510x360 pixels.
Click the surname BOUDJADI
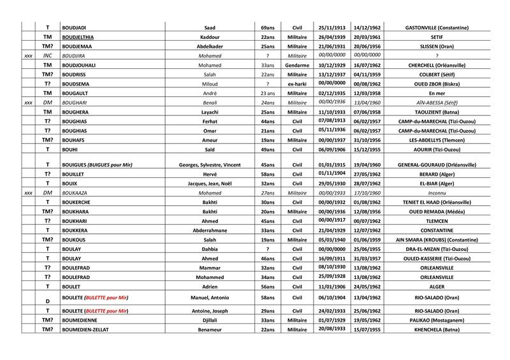pos(75,28)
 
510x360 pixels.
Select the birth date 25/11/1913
pos(331,28)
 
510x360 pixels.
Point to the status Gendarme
pos(296,65)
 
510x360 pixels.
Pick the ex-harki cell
pos(296,83)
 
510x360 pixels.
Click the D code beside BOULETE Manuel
pos(47,301)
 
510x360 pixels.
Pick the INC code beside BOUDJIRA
pos(47,56)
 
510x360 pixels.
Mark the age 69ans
pos(268,28)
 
